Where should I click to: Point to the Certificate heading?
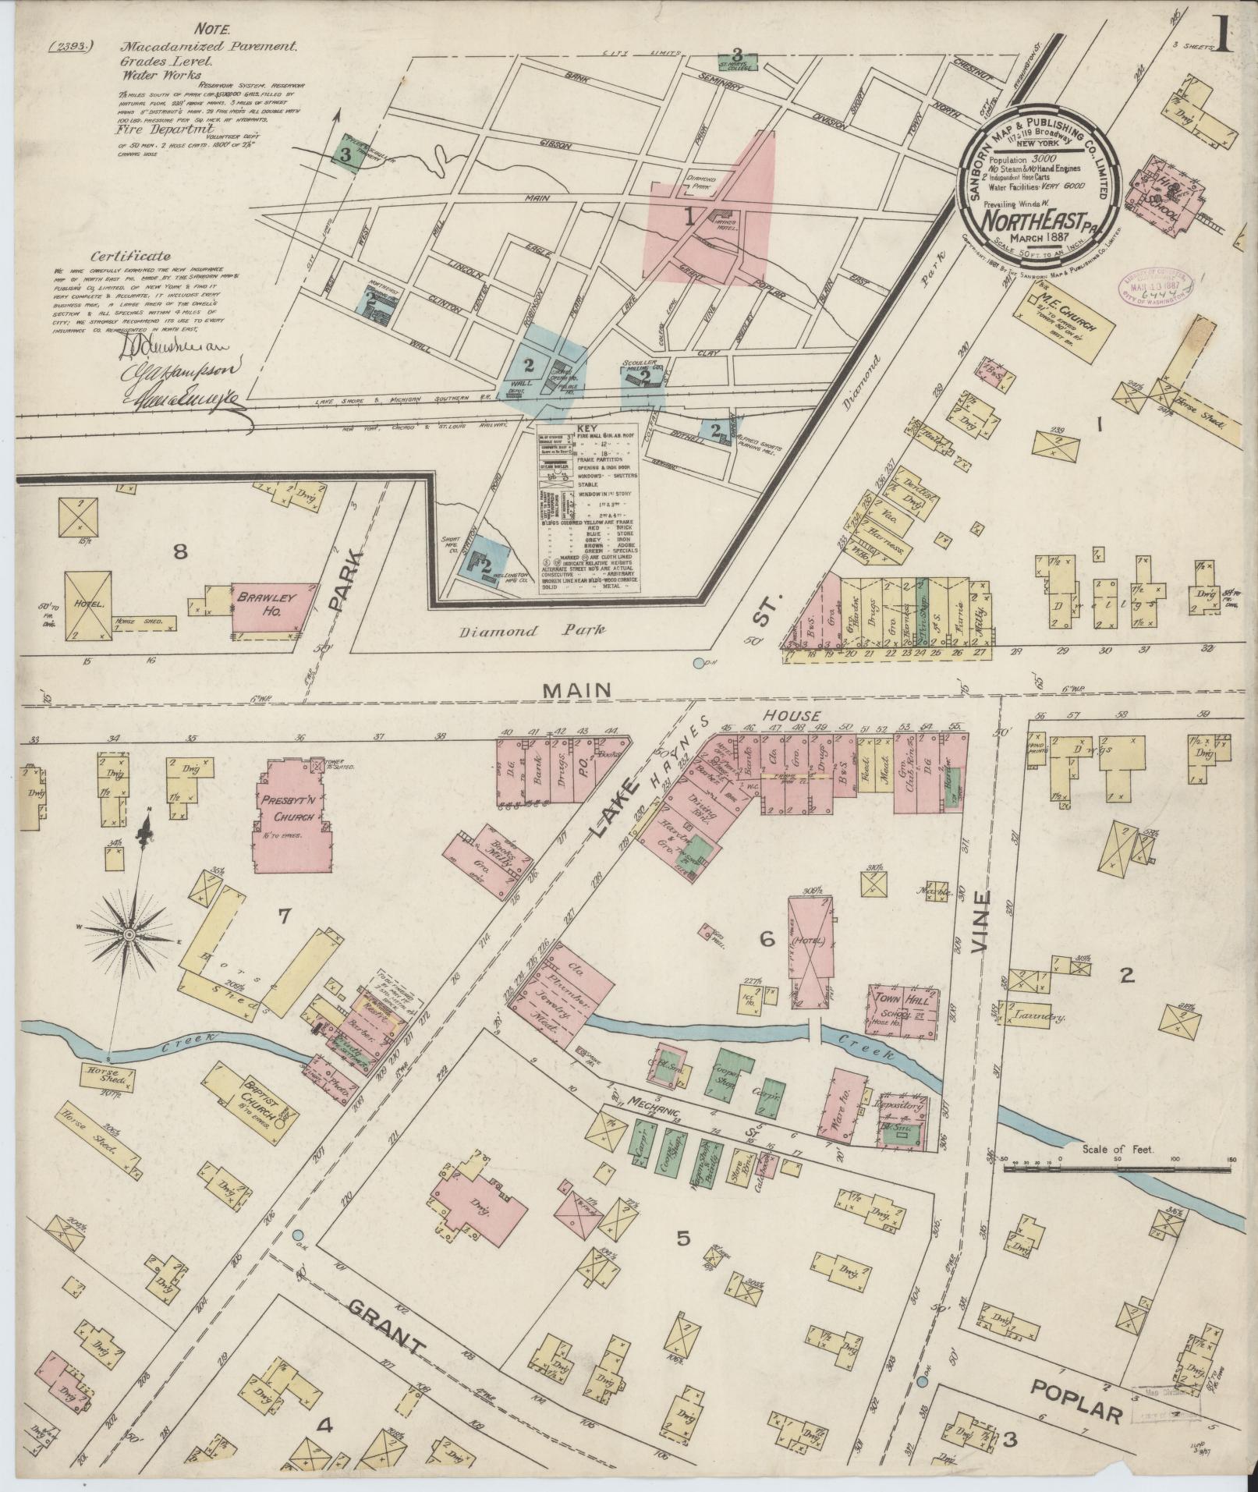coord(130,255)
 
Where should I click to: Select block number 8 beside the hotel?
coord(180,552)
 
